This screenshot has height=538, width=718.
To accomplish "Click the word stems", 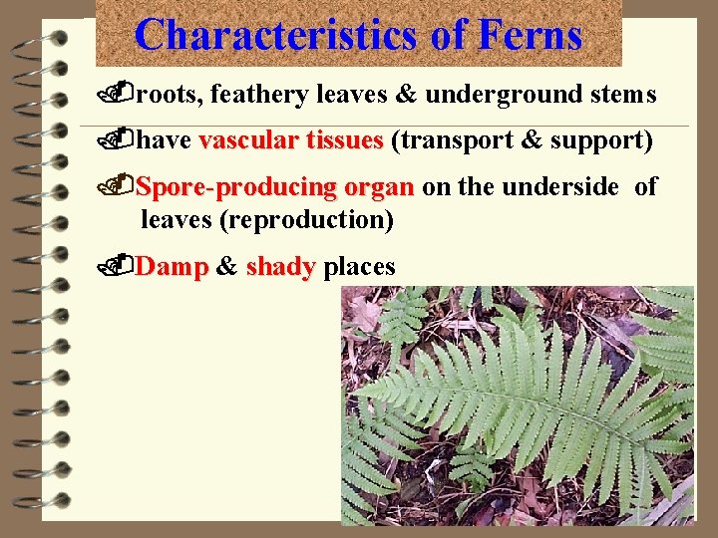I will pyautogui.click(x=620, y=95).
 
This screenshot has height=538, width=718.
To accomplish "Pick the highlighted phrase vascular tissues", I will pyautogui.click(x=290, y=141).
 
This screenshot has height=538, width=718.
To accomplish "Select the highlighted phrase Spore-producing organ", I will pyautogui.click(x=274, y=187).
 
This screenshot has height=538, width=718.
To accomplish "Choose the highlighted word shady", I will pyautogui.click(x=280, y=267).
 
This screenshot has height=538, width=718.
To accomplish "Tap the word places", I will pyautogui.click(x=359, y=267).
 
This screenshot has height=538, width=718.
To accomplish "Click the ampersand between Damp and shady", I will pyautogui.click(x=226, y=267).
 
